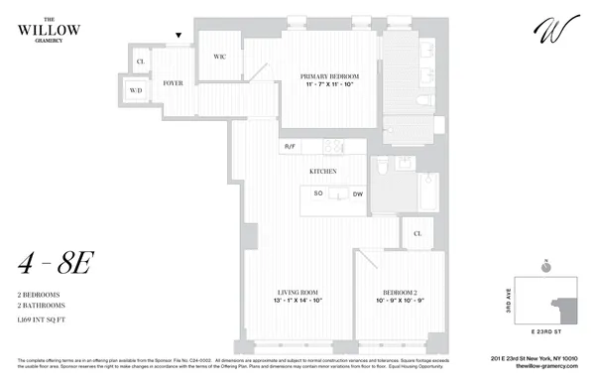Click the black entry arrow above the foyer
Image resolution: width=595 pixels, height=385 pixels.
(178, 36)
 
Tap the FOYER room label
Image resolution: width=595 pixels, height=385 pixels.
(175, 83)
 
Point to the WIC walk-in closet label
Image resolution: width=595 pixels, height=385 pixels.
(219, 57)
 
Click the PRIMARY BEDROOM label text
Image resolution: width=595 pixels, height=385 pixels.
(330, 76)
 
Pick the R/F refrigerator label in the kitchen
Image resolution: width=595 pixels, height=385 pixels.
(291, 147)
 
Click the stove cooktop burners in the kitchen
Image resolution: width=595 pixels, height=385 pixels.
(331, 147)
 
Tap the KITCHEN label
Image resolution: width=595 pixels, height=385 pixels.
(324, 171)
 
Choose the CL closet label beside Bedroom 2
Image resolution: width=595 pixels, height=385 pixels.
(416, 234)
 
